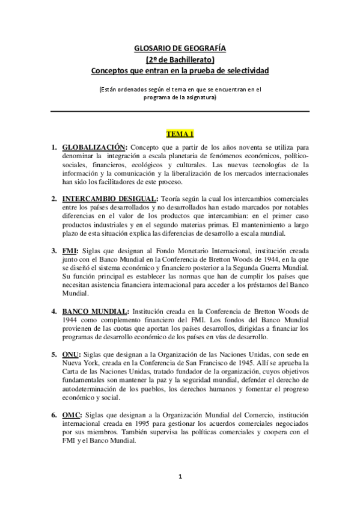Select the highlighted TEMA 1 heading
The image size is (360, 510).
180,133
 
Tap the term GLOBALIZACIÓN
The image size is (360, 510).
95,147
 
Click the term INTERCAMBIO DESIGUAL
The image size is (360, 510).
109,198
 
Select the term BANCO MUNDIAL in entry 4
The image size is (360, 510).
94,312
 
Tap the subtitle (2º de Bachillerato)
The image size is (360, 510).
180,60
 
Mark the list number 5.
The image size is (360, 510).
54,355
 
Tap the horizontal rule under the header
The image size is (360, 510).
180,111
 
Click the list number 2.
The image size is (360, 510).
54,198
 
